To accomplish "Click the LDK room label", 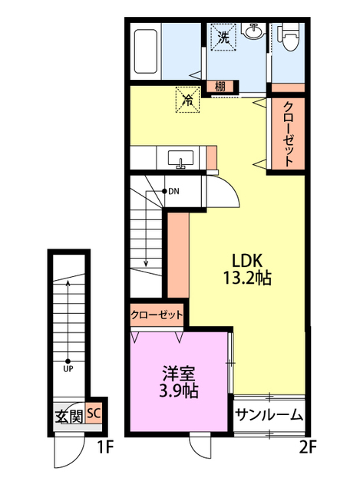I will tap(249, 259).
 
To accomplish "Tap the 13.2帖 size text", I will tap(249, 277).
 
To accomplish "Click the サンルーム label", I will tap(269, 416).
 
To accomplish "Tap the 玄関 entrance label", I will tap(69, 417).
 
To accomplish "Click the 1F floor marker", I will tap(105, 445).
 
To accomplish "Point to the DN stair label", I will tap(174, 191).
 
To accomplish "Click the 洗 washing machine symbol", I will tap(223, 37).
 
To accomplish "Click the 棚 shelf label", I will tap(220, 87).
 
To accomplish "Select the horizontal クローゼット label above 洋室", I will tap(157, 315).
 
